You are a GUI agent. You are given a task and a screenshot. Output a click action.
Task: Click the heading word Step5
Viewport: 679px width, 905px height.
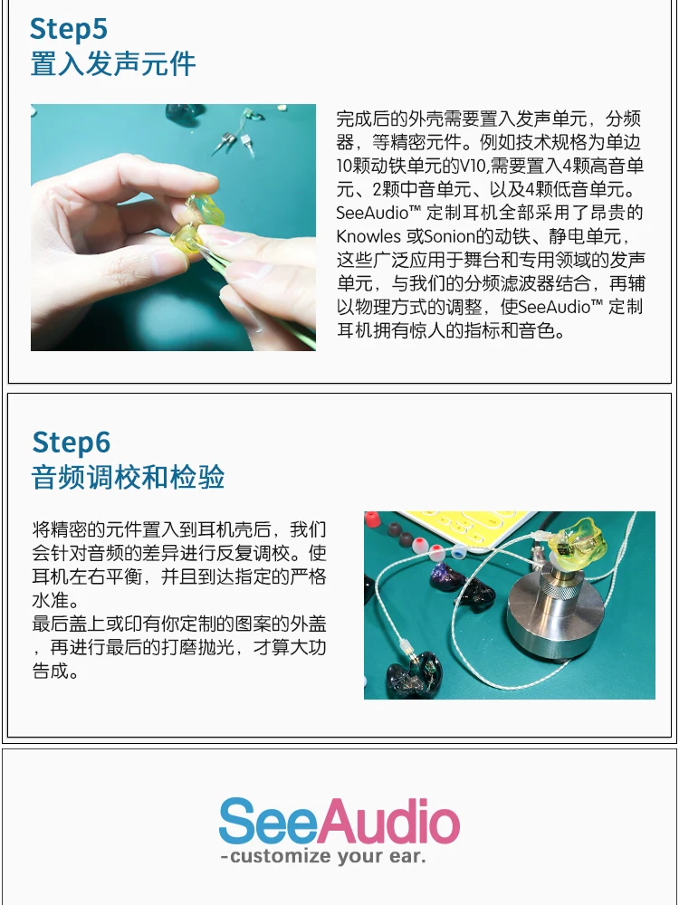69,29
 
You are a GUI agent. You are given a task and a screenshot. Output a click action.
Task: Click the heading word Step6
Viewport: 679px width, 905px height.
71,443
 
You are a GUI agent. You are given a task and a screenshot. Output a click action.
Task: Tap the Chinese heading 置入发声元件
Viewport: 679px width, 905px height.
113,63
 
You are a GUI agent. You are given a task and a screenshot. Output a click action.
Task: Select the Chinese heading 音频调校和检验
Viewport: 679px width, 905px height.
129,477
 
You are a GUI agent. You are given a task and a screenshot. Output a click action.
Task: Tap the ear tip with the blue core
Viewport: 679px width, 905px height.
458,554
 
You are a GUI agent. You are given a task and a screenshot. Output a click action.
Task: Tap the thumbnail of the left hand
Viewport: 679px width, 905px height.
167,261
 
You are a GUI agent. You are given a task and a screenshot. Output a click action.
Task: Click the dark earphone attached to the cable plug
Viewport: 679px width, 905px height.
415,674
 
